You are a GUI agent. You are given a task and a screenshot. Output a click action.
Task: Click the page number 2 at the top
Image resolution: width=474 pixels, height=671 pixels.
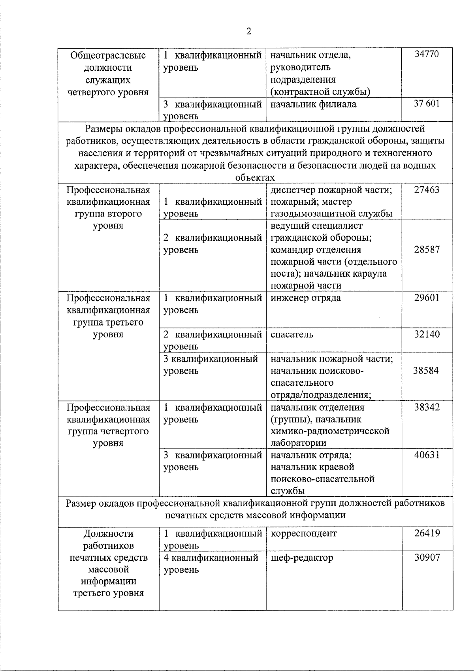pos(248,32)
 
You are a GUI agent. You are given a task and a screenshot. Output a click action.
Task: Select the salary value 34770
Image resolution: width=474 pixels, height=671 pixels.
pos(426,54)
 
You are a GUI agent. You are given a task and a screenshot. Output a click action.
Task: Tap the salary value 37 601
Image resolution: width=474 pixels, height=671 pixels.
pos(426,104)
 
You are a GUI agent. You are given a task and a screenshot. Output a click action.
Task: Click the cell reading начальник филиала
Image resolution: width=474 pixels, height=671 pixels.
pos(313,104)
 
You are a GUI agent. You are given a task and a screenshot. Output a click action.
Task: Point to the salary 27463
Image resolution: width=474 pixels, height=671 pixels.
pos(427,190)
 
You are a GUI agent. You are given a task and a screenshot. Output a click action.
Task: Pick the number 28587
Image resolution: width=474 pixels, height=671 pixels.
pos(427,250)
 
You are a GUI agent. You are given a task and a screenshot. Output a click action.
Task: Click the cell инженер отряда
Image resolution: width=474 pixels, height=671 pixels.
pos(306,298)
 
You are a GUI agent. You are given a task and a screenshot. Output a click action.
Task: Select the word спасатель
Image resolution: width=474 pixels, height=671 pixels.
pos(292,334)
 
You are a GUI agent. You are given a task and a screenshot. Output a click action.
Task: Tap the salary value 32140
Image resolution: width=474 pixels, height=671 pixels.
pos(427,334)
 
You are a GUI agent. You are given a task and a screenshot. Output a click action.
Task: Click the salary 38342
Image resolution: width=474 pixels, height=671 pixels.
pos(427,407)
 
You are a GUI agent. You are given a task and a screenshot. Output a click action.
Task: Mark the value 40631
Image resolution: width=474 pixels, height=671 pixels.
pos(427,455)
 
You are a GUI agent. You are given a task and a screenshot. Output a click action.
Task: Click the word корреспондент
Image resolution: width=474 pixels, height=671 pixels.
pos(304,533)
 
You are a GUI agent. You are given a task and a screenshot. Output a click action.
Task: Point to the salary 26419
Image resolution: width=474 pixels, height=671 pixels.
pos(427,533)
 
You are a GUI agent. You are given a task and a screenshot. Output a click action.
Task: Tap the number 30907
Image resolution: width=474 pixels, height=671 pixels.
pos(427,558)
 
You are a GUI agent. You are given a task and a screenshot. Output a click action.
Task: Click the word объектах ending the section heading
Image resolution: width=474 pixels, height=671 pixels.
pos(255,177)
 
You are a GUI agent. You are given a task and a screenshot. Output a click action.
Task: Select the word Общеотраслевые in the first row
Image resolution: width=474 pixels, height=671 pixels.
pos(108,55)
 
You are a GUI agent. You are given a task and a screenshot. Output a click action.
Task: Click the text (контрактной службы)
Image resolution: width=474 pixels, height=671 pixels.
pos(320,92)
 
